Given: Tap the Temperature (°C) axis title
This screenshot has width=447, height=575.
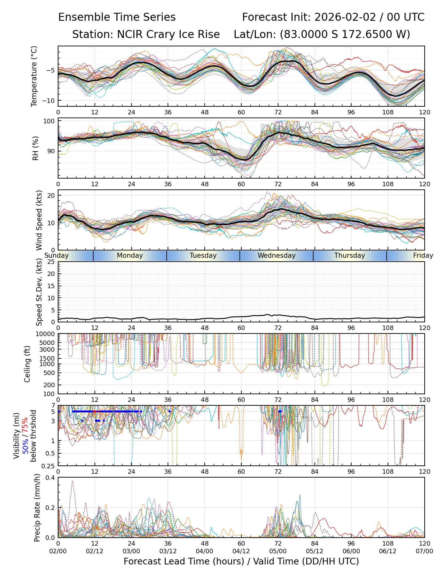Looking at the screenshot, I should tap(34, 76).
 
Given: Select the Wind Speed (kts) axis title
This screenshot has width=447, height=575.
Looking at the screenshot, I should tap(39, 220).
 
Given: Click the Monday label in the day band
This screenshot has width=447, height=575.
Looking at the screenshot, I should tap(130, 256).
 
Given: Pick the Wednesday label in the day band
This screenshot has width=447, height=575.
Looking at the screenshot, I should tap(277, 256).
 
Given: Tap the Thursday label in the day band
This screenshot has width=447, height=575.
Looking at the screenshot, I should tap(350, 256).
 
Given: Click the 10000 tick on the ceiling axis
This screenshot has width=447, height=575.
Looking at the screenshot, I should tap(46, 334).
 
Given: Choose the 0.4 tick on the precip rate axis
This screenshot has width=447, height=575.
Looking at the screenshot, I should tap(50, 478).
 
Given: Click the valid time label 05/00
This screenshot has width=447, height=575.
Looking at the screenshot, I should tap(278, 551).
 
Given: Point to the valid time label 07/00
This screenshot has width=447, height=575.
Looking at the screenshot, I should tap(424, 551).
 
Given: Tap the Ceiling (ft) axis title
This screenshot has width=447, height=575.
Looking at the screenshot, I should tap(27, 364).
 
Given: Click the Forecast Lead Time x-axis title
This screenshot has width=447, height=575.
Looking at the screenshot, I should tap(241, 561).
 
